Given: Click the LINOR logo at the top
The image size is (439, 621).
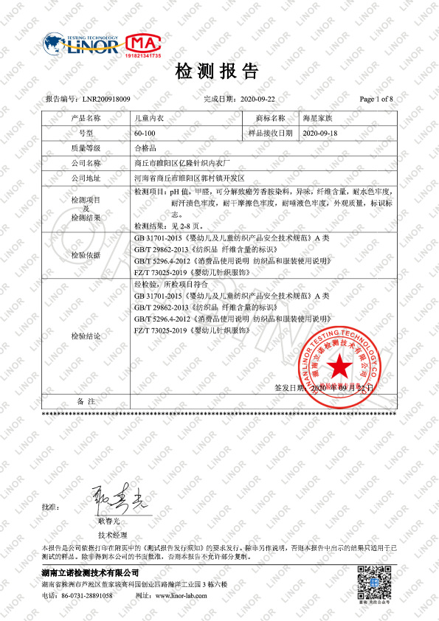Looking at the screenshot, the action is click(x=80, y=44).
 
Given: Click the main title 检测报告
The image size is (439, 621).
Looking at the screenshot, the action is click(x=218, y=72).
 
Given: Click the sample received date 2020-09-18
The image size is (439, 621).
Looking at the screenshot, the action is click(x=319, y=133).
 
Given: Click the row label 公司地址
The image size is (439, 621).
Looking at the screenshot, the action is click(x=86, y=178).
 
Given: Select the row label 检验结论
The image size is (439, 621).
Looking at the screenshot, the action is click(x=86, y=336).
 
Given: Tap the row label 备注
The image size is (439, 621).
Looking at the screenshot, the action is click(x=86, y=402).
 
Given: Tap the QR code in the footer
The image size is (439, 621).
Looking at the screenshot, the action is click(x=373, y=583).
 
